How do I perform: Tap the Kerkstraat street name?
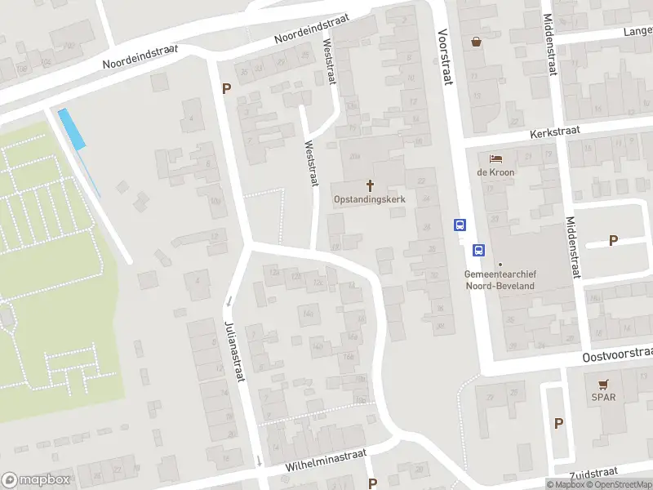point(553,131)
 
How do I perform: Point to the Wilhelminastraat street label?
point(326,461)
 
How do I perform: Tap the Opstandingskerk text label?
point(370,198)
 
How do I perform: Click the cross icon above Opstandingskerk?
point(370,185)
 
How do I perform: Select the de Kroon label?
point(495,172)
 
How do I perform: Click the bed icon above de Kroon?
point(495,158)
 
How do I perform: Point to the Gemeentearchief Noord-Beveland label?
point(500,280)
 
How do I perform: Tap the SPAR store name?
point(604,397)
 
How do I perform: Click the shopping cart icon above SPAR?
point(604,384)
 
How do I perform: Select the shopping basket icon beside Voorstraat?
point(476,41)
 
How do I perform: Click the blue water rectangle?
point(72,129)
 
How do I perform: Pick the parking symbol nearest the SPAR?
point(559,423)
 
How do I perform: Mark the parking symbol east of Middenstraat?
point(613,240)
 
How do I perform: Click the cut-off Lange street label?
point(637,32)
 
